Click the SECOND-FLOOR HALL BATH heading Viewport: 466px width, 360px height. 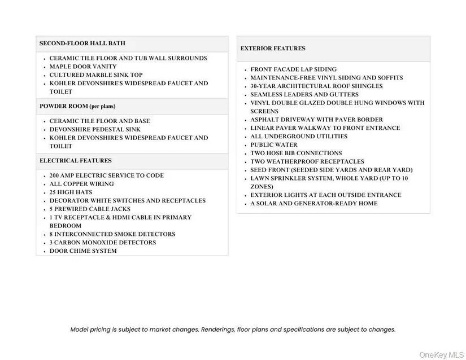click(82, 43)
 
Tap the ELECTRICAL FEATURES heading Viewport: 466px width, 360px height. click(76, 161)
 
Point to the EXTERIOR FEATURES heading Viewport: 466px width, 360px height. click(273, 49)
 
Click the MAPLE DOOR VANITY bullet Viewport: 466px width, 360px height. click(83, 67)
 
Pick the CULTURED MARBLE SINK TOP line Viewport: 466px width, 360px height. click(96, 75)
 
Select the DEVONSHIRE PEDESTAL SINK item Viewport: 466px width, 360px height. click(95, 129)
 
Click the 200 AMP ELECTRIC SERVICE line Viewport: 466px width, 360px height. click(107, 175)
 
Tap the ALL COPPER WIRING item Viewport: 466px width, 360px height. click(81, 184)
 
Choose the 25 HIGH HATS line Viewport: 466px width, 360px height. click(71, 192)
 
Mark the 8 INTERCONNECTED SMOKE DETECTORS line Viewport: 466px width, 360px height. click(112, 234)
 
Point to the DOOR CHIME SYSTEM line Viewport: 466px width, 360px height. click(83, 251)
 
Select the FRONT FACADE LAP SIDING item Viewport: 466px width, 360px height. click(294, 69)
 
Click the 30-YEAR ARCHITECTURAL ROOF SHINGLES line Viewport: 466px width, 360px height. click(316, 86)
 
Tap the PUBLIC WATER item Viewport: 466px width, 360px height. click(274, 145)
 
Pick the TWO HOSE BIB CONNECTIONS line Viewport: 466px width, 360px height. click(296, 153)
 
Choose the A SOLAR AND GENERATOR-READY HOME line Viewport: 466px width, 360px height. click(314, 204)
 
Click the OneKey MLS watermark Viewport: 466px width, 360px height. click(441, 355)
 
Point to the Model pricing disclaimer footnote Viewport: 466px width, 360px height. click(233, 330)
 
